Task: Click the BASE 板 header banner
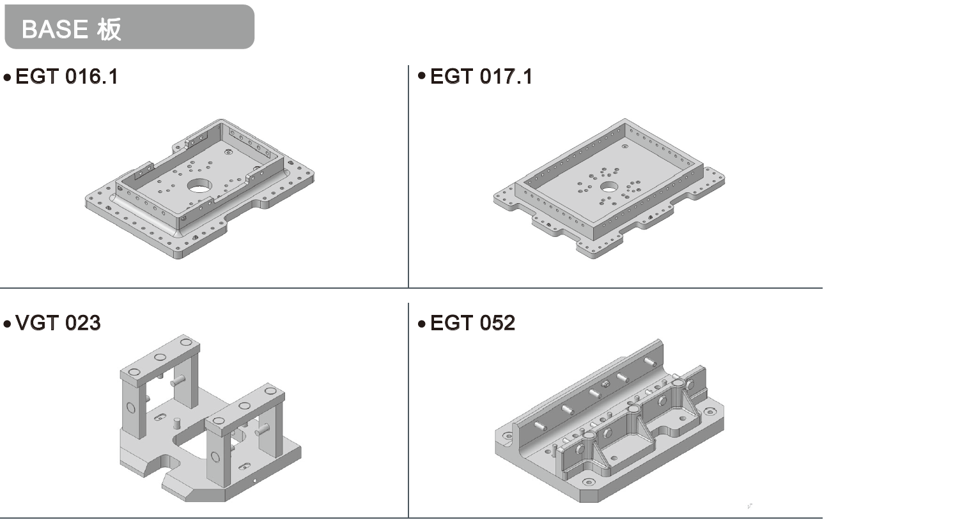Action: (129, 27)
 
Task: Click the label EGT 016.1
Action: (66, 77)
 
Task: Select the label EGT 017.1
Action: (481, 77)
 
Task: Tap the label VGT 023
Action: (58, 323)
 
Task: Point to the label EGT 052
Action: (472, 323)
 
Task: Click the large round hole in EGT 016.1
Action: (199, 186)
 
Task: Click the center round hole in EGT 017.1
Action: (609, 187)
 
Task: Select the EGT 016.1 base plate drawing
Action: (199, 189)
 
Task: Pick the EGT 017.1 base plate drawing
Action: (609, 189)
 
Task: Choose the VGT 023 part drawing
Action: (210, 418)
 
